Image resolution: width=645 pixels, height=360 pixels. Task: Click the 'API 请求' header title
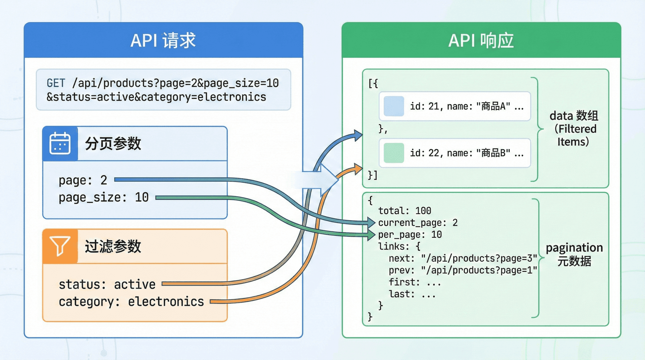click(163, 41)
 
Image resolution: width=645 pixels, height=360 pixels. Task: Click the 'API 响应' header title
click(481, 41)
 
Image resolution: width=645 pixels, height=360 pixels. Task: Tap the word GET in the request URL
click(56, 83)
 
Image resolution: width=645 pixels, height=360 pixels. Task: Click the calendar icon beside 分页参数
click(60, 143)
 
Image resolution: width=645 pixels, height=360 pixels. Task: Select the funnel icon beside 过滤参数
click(60, 246)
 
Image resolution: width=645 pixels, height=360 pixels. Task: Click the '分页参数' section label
click(113, 144)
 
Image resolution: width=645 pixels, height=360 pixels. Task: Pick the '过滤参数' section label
click(113, 246)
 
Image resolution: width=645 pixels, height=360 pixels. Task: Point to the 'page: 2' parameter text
click(83, 180)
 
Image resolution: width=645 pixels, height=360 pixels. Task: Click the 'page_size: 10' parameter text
click(103, 197)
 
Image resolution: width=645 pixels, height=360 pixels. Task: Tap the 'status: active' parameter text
click(107, 284)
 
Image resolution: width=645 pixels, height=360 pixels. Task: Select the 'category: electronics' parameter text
click(131, 302)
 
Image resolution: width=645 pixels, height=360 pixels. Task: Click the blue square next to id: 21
click(394, 106)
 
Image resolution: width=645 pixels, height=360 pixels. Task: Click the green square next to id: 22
click(394, 153)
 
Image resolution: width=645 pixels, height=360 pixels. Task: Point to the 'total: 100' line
click(404, 211)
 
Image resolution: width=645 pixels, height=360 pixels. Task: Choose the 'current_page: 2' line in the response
click(418, 223)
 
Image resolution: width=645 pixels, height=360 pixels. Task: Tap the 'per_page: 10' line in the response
click(410, 235)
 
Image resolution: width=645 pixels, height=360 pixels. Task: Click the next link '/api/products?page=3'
click(479, 258)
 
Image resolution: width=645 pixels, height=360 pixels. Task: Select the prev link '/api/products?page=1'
click(479, 270)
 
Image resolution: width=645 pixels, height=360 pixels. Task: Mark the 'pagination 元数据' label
click(574, 254)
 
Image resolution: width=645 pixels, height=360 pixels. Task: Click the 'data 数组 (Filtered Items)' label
click(574, 129)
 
